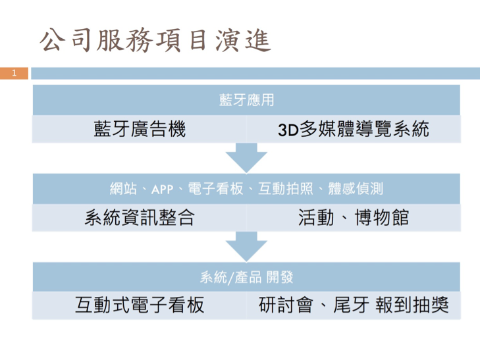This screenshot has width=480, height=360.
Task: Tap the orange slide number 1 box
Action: (14, 73)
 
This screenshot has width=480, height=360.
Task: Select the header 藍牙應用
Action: (246, 100)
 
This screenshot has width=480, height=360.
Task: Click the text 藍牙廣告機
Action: (140, 128)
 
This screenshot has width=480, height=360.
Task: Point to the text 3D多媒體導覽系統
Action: (353, 128)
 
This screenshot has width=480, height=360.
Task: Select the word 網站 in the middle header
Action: (122, 189)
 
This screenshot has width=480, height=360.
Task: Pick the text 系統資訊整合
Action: (140, 218)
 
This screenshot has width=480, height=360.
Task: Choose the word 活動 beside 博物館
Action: (316, 218)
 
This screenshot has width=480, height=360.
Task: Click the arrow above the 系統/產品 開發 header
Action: (246, 248)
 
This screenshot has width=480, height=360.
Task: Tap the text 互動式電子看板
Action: (140, 305)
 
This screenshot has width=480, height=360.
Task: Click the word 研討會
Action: (283, 305)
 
